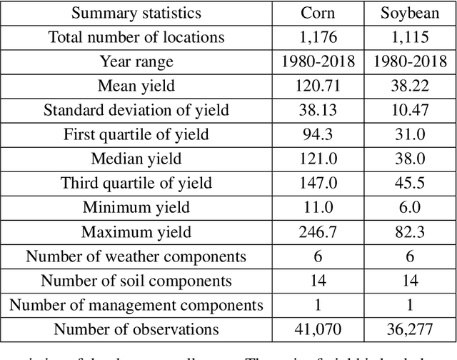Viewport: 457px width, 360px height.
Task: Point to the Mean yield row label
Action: click(x=136, y=86)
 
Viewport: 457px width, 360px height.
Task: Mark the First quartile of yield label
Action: click(x=136, y=134)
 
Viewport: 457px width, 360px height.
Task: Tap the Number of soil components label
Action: click(x=136, y=280)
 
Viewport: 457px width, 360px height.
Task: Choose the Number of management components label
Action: click(x=136, y=305)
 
